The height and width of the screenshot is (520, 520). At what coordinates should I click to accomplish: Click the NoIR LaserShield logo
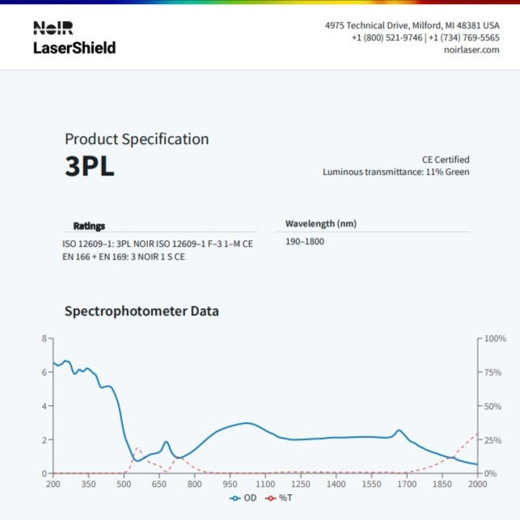tap(74, 38)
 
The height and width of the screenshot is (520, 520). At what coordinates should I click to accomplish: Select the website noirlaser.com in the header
tap(472, 50)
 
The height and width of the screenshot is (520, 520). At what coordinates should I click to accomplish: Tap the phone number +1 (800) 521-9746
tap(387, 38)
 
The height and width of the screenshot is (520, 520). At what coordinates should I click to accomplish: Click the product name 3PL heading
tap(89, 166)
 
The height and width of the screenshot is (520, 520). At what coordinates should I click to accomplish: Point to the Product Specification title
tap(137, 139)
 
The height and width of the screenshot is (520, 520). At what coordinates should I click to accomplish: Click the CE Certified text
tap(445, 159)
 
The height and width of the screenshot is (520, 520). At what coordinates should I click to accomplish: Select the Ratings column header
tap(89, 226)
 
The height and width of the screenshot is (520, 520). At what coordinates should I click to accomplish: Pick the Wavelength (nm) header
tap(320, 223)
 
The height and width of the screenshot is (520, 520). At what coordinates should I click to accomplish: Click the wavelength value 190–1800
tap(305, 242)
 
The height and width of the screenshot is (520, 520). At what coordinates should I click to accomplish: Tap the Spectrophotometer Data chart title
tap(142, 311)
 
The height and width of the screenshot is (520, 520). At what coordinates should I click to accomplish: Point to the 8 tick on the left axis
tap(44, 339)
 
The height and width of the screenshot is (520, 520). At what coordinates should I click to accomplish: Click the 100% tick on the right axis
tap(495, 339)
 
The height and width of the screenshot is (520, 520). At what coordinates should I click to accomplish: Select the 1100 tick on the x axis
tap(265, 484)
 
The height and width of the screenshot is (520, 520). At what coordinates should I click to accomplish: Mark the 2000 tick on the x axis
tap(477, 484)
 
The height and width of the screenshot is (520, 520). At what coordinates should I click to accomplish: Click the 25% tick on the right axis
tap(493, 440)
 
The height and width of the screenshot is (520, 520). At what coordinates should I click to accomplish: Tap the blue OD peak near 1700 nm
tap(399, 430)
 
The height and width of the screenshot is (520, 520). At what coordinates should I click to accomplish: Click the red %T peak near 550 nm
tap(136, 448)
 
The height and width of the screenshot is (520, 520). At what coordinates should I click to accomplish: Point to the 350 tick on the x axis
tap(88, 484)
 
